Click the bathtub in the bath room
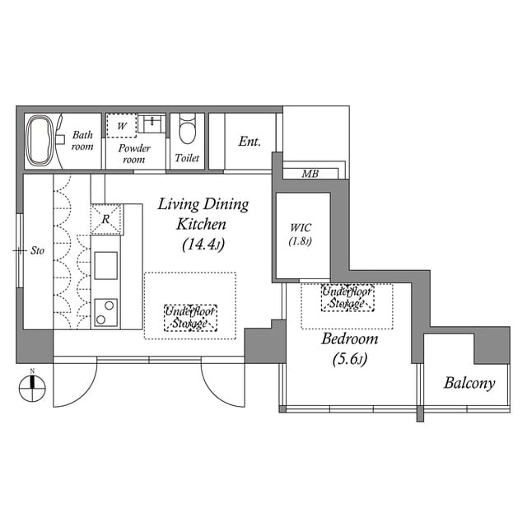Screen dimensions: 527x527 [40, 141]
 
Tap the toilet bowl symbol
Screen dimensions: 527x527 [187, 128]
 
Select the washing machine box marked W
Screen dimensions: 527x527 [121, 125]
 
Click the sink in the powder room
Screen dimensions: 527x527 [152, 124]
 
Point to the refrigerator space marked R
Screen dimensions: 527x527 [106, 219]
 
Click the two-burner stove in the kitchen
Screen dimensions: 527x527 [105, 313]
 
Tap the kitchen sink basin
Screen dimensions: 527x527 [106, 265]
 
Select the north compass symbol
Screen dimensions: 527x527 [32, 388]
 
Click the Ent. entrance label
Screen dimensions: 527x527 [250, 142]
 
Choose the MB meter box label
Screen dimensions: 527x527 [310, 174]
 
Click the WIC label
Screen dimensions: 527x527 [301, 227]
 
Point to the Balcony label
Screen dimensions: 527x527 [469, 383]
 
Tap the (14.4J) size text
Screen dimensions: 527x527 [203, 245]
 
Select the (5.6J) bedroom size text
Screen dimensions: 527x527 [349, 359]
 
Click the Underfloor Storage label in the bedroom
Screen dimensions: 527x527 [347, 297]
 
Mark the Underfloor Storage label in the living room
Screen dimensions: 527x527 [190, 318]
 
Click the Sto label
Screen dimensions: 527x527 [37, 250]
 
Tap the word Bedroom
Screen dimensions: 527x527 [349, 338]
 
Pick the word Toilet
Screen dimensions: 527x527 [187, 157]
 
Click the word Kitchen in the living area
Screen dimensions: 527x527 [201, 224]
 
